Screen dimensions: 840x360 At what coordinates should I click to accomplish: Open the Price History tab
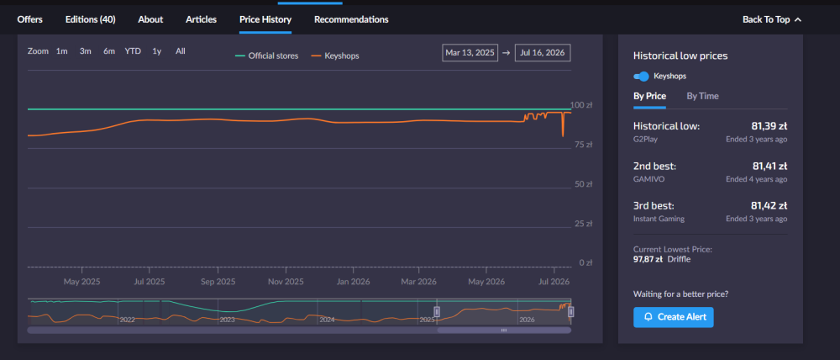click(x=265, y=20)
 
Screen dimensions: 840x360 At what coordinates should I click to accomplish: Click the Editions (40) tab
click(x=90, y=20)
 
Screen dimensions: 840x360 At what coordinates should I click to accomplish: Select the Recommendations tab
click(x=351, y=20)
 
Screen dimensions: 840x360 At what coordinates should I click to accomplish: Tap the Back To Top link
click(x=771, y=20)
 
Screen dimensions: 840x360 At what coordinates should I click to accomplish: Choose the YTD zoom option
click(x=133, y=51)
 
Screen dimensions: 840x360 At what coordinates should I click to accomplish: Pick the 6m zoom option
click(x=109, y=51)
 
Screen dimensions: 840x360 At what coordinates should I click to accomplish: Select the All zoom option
click(x=181, y=51)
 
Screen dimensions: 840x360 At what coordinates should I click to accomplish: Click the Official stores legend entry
click(x=267, y=56)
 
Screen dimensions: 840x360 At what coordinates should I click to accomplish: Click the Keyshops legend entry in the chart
click(x=335, y=56)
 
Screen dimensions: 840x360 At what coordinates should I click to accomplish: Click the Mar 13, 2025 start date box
click(x=470, y=53)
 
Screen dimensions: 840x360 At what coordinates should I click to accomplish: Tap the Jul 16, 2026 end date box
click(x=543, y=53)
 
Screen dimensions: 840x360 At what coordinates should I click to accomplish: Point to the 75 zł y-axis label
click(x=582, y=145)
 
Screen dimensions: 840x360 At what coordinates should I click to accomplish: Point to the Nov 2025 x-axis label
click(x=286, y=282)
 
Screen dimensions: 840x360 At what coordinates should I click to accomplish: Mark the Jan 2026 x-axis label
click(x=352, y=282)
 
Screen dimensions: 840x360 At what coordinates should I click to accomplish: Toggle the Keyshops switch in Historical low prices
click(x=641, y=77)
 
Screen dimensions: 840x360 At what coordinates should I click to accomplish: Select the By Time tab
click(x=703, y=96)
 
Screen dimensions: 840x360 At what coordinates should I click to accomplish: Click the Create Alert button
click(x=674, y=317)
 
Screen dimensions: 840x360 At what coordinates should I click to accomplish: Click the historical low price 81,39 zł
click(x=769, y=127)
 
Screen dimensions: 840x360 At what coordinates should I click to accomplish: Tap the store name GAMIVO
click(x=648, y=179)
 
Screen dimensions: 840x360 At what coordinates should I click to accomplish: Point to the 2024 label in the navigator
click(x=327, y=320)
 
